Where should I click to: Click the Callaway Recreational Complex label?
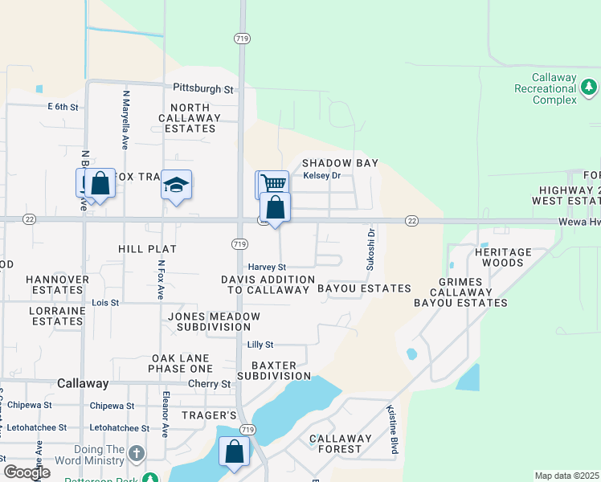coord(546,88)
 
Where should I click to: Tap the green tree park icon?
coord(589,85)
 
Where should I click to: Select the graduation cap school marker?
coord(176,186)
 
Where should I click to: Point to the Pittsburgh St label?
coord(202,88)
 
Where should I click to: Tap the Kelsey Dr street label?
coord(321,175)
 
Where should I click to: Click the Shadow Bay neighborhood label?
coord(339,163)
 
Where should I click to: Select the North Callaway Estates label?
coord(189,118)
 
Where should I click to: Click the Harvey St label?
coord(266,267)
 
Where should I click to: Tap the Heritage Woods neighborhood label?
coord(503,258)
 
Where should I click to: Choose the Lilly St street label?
coord(260,345)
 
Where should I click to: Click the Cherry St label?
coord(209,384)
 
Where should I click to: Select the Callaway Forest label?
coord(341,444)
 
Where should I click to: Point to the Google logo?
coord(27,472)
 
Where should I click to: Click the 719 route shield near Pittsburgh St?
coord(241,38)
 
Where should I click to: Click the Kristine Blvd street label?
coord(394,430)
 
